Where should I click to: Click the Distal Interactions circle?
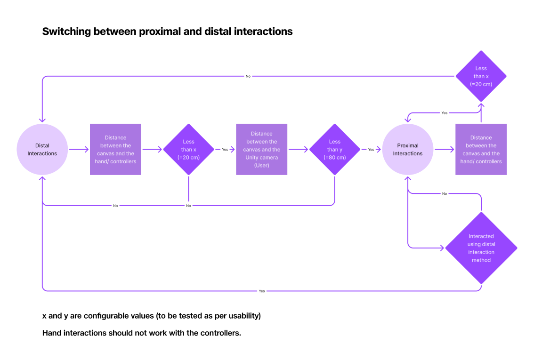42,149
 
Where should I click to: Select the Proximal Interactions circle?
408,149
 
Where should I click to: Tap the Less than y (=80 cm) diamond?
335,149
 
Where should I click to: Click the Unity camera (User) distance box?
261,149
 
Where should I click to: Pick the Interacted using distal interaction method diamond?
481,248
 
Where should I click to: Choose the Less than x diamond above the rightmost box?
481,76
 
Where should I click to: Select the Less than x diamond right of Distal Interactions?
188,149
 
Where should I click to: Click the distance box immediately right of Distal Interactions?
115,149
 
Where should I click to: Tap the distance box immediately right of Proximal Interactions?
481,149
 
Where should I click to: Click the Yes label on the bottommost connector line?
262,291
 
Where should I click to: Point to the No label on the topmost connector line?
248,76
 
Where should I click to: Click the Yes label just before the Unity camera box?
225,150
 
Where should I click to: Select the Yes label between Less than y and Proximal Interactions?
371,150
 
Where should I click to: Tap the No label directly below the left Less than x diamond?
188,206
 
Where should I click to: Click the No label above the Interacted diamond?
445,193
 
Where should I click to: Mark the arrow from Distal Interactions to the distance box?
79,150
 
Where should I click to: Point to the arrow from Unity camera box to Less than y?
298,150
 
